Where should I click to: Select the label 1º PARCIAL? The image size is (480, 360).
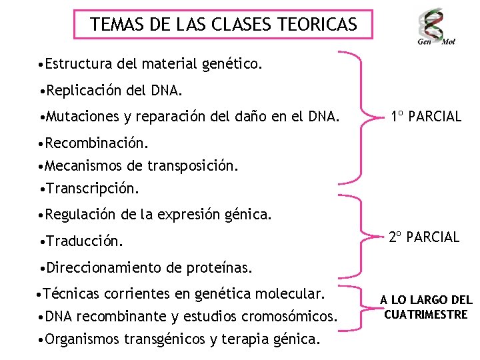click(426, 117)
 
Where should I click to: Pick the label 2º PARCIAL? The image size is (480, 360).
click(425, 237)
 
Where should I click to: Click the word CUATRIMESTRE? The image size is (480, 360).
click(426, 314)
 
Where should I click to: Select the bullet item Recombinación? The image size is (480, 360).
click(94, 143)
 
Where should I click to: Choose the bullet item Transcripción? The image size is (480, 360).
click(91, 189)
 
